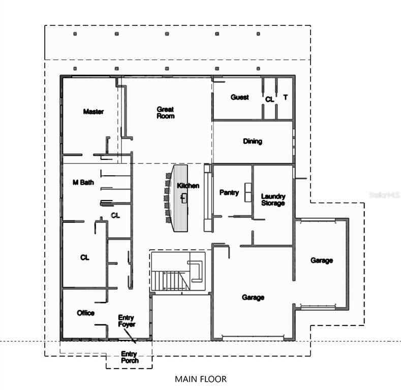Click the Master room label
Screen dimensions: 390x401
click(x=94, y=112)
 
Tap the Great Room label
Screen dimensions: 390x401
click(x=165, y=113)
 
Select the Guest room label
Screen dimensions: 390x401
click(x=239, y=97)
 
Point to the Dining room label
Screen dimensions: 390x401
click(x=253, y=141)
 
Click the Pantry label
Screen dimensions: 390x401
click(x=229, y=192)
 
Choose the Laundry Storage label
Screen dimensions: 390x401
click(x=273, y=200)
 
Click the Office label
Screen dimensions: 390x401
click(x=85, y=313)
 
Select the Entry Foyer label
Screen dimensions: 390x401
click(x=126, y=320)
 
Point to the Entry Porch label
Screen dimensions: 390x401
click(x=129, y=357)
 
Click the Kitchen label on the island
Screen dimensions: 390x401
click(x=188, y=186)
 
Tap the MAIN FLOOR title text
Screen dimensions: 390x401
click(x=201, y=379)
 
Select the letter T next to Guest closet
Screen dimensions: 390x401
click(x=286, y=97)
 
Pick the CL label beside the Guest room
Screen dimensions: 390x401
click(x=269, y=100)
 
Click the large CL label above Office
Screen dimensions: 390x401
click(x=84, y=257)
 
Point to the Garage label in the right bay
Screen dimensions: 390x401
click(x=322, y=261)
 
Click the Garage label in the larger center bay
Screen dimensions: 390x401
click(x=253, y=298)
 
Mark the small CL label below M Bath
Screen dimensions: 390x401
click(x=115, y=215)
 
